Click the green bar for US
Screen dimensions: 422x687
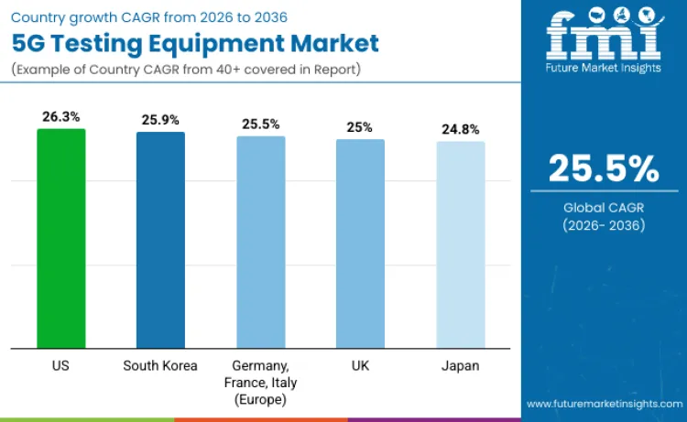pyautogui.click(x=61, y=238)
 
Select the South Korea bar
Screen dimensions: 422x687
pyautogui.click(x=160, y=240)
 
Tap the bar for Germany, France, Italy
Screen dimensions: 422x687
pyautogui.click(x=261, y=242)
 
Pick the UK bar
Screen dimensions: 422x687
pyautogui.click(x=360, y=243)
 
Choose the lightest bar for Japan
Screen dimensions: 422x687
pyautogui.click(x=461, y=244)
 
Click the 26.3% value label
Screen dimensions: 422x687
pyautogui.click(x=61, y=117)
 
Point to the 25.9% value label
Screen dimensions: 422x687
pyautogui.click(x=160, y=120)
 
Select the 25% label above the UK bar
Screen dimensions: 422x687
pyautogui.click(x=360, y=127)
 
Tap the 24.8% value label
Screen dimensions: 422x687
pyautogui.click(x=461, y=129)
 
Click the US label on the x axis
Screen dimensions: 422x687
pyautogui.click(x=61, y=365)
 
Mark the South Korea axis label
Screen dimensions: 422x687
pyautogui.click(x=160, y=365)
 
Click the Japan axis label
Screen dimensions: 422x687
pyautogui.click(x=461, y=365)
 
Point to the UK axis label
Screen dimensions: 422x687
pyautogui.click(x=360, y=365)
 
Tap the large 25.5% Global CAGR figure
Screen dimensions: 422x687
pyautogui.click(x=604, y=169)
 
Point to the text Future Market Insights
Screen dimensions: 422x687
pyautogui.click(x=604, y=70)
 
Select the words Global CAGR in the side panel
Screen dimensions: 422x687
pyautogui.click(x=604, y=207)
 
